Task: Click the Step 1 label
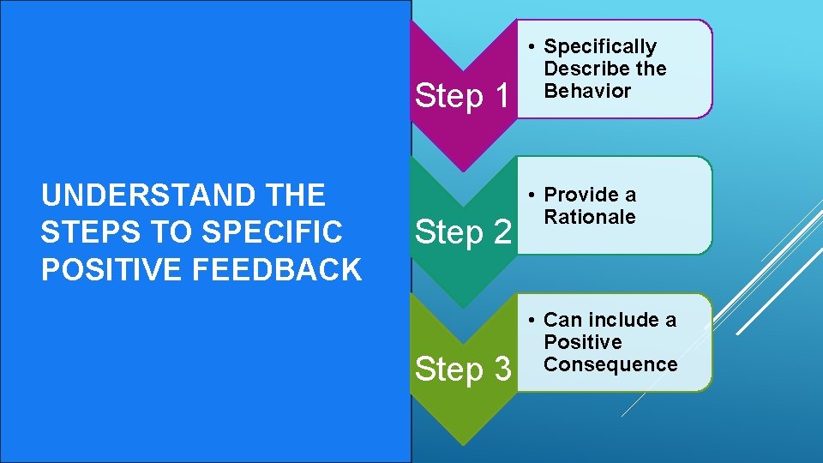coord(463,96)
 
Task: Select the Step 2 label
coord(463,231)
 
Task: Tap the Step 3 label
coord(463,370)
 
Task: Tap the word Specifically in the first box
coord(600,46)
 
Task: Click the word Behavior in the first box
coord(587,91)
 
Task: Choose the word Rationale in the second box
coord(590,217)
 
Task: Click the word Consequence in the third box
coord(610,364)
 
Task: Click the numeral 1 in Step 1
coord(501,96)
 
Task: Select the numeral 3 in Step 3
coord(501,370)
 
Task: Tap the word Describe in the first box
coord(580,69)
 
